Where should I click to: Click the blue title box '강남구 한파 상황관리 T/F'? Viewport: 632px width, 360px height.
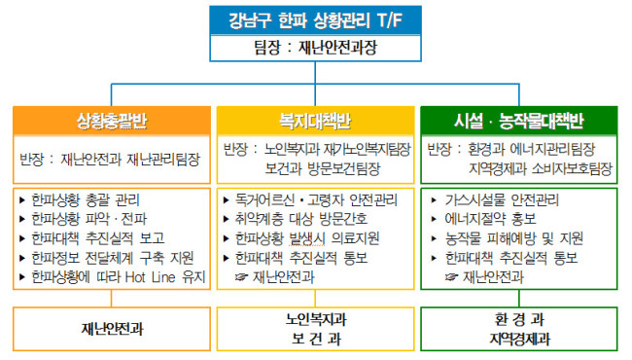point(315,20)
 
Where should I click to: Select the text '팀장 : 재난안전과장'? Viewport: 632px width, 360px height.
point(315,48)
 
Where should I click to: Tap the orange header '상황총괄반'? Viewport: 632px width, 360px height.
point(112,121)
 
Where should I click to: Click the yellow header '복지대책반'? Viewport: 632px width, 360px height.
point(315,121)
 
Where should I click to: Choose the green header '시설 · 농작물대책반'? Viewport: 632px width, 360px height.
point(519,121)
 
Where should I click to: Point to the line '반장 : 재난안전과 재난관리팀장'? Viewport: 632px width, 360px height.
point(110,160)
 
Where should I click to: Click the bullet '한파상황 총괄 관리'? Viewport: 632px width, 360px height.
point(86,200)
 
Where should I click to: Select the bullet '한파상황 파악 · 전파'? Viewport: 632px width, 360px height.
point(89,219)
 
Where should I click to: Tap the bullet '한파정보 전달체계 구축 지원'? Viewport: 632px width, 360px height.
point(113,258)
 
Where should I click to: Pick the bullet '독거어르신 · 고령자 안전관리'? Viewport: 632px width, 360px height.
point(316,200)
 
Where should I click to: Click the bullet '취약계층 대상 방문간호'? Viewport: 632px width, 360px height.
point(301,219)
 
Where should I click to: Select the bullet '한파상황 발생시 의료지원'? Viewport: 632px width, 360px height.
point(307,238)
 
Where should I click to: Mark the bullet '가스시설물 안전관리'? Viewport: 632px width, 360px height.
point(502,200)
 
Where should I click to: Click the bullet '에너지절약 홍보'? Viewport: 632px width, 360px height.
point(490,219)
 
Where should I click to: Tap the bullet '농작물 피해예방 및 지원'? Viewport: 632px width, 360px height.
point(514,238)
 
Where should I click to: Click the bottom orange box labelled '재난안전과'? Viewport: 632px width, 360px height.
point(112,329)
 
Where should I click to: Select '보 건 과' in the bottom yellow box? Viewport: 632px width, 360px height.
point(316,339)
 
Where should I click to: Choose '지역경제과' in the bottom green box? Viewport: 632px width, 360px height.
point(519,339)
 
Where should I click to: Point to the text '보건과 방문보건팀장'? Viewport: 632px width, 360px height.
point(323,168)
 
